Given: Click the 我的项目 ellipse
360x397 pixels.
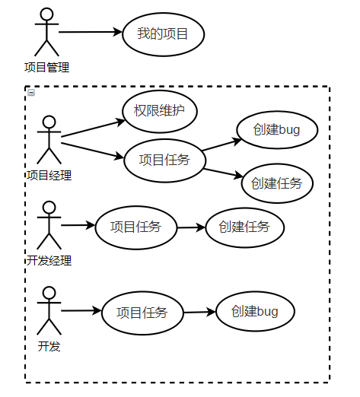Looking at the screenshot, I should point(162,33).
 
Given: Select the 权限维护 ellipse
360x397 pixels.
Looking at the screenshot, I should point(160,111).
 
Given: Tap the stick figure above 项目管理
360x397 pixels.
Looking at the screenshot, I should point(46,33).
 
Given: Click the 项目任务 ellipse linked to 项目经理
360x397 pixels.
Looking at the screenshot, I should point(164,160).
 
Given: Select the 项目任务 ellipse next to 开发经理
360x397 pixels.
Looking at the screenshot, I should point(135,227).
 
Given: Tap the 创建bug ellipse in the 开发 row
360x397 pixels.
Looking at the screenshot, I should point(255,311).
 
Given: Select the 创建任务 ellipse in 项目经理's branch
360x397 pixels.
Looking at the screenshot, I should point(276,183).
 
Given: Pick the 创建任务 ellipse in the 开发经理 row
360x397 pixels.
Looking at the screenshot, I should point(244,227).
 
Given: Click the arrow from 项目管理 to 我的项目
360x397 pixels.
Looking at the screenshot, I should point(90,33).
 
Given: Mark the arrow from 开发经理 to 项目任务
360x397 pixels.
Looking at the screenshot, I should point(78,226).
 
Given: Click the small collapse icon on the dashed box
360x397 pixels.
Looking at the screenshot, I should point(31,93).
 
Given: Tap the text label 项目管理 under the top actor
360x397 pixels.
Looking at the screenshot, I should point(46,68).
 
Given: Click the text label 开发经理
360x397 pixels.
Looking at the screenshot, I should point(49,261).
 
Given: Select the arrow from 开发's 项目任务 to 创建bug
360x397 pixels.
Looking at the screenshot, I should point(199,312).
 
